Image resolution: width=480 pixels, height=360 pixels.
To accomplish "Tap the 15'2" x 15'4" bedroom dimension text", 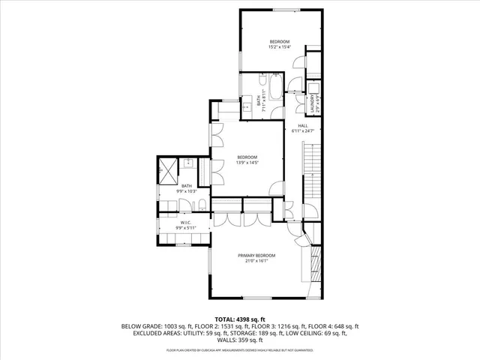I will tap(279, 47).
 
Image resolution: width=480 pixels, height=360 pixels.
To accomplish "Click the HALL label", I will tap(303, 125).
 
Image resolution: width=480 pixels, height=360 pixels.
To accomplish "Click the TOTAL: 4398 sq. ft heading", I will tap(240, 319).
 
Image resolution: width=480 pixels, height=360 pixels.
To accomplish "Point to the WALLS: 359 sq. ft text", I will tap(240, 341).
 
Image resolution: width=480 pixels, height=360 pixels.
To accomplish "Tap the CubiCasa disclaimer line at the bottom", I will tap(240, 350).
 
